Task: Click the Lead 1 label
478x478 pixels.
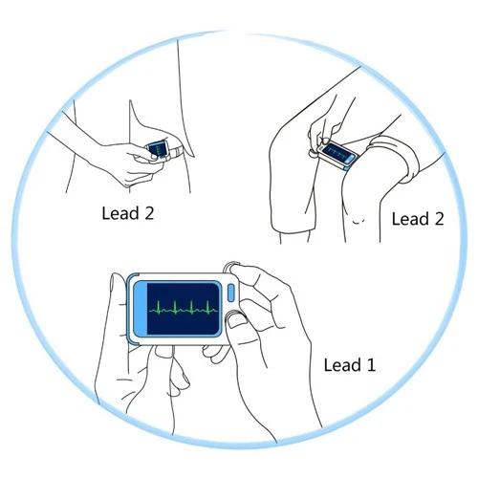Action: (350, 365)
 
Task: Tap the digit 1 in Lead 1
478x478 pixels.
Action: (372, 365)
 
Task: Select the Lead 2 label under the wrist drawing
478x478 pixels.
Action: (128, 213)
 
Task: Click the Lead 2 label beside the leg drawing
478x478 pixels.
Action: (418, 219)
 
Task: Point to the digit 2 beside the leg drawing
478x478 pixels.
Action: (439, 219)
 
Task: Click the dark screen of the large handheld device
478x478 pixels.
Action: (184, 309)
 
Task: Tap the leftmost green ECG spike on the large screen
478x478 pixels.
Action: (160, 308)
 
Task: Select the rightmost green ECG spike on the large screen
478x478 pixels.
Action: (207, 308)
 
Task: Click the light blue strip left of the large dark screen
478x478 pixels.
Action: (141, 309)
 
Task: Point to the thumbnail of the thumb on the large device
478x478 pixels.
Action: (236, 321)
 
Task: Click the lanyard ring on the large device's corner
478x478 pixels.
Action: (231, 267)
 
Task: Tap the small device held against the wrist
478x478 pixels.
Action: (158, 149)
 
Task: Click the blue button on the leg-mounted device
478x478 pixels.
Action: (350, 160)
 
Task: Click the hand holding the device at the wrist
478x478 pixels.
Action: (134, 164)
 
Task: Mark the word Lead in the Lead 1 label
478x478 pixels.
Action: (343, 365)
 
